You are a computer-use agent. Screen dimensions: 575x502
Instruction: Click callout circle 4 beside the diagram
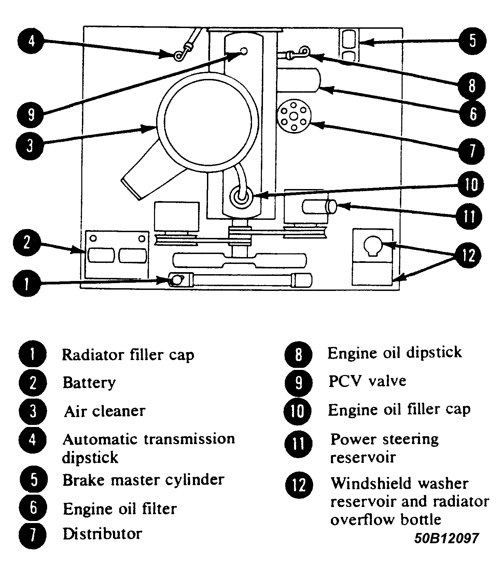pos(31,41)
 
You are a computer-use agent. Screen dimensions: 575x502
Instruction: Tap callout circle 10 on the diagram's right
pos(471,185)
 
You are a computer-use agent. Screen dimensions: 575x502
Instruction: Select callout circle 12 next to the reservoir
pos(469,255)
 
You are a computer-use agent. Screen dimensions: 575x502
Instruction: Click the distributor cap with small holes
pos(294,117)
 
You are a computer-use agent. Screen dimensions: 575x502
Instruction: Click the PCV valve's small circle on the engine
pos(244,51)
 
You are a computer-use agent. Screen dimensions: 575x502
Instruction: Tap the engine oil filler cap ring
pos(242,197)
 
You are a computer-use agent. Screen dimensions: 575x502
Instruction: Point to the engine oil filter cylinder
pos(299,80)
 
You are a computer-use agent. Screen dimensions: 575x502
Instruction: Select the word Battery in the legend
pos(89,383)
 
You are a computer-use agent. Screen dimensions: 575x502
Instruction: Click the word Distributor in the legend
pos(102,534)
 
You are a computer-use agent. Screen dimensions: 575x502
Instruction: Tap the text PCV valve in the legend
pos(367,381)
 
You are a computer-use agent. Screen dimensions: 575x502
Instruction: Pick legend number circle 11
pos(298,444)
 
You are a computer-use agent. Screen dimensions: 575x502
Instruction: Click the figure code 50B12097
pos(446,539)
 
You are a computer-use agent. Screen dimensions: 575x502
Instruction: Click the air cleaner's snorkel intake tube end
pos(131,189)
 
